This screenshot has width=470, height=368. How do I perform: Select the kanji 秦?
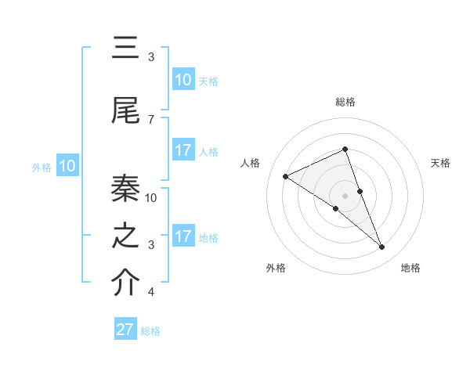tap(126, 188)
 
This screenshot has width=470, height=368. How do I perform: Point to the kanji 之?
tap(126, 236)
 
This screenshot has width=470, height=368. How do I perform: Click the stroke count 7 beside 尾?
tap(150, 119)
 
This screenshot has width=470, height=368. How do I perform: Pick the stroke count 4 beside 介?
tap(150, 292)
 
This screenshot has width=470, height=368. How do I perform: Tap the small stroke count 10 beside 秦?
tap(151, 198)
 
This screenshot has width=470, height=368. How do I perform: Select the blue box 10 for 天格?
tap(183, 80)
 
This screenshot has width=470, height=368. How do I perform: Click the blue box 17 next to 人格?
tap(183, 150)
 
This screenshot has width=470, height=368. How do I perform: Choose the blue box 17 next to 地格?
tap(183, 236)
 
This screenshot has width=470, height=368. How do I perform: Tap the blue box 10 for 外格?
tap(67, 166)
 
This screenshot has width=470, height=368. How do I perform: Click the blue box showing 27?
tap(125, 330)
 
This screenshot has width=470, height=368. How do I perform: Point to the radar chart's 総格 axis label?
tap(345, 102)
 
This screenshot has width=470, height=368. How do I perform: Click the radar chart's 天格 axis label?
tap(440, 163)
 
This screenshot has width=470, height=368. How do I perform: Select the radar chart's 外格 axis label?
tap(276, 268)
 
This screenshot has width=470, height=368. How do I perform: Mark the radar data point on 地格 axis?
tap(382, 247)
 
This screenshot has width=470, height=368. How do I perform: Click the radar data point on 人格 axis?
tap(285, 177)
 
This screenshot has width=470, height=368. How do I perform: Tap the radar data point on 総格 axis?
tap(345, 150)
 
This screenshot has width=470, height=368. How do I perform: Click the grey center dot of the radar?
tap(345, 196)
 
